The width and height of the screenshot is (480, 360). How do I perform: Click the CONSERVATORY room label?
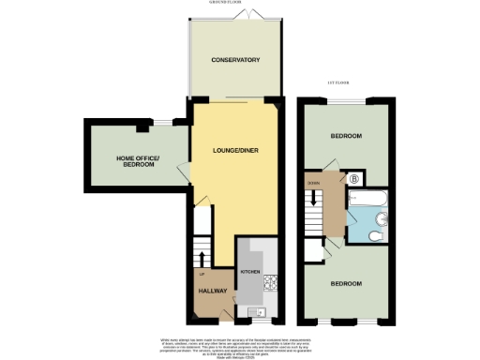click(x=234, y=61)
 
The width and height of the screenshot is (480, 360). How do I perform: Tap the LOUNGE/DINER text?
click(x=234, y=151)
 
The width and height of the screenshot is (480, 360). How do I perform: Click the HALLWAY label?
click(x=213, y=292)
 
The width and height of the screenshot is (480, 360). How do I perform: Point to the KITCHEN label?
click(x=250, y=271)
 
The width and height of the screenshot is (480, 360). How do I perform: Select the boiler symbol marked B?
click(x=354, y=177)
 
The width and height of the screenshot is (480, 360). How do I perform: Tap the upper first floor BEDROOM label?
click(x=345, y=137)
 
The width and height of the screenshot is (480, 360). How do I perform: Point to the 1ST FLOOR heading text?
click(x=338, y=83)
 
